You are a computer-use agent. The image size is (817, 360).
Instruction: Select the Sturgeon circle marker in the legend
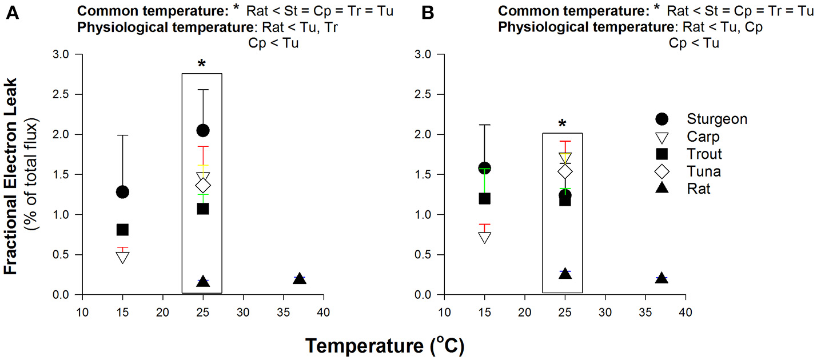661,119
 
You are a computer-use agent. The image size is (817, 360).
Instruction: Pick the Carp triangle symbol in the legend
661,137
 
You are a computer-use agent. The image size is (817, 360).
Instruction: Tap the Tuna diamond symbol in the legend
661,171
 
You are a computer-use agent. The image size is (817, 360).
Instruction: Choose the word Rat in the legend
699,188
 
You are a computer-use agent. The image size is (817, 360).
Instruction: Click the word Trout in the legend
704,154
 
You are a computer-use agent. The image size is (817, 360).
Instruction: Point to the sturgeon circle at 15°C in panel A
122,192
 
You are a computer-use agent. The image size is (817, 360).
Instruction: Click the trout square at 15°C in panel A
122,230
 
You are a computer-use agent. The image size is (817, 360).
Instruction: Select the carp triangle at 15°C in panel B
484,237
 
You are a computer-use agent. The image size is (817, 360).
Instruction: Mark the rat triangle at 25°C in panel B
565,274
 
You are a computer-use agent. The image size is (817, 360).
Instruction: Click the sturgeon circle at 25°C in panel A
202,130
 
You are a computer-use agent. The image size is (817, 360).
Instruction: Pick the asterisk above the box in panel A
201,65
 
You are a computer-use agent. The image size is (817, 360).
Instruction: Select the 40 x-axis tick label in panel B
685,314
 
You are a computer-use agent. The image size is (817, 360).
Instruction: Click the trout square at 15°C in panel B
484,199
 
